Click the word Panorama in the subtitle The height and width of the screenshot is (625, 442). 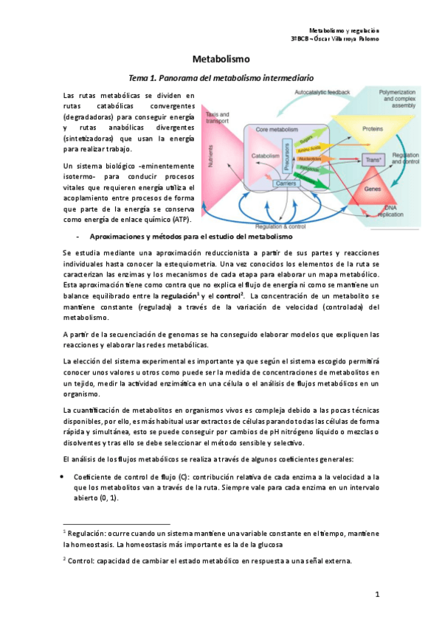pyautogui.click(x=182, y=77)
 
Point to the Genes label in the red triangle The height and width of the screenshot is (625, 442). pyautogui.click(x=372, y=189)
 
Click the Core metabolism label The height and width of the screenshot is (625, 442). pyautogui.click(x=276, y=129)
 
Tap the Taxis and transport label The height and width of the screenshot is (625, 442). pyautogui.click(x=217, y=118)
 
